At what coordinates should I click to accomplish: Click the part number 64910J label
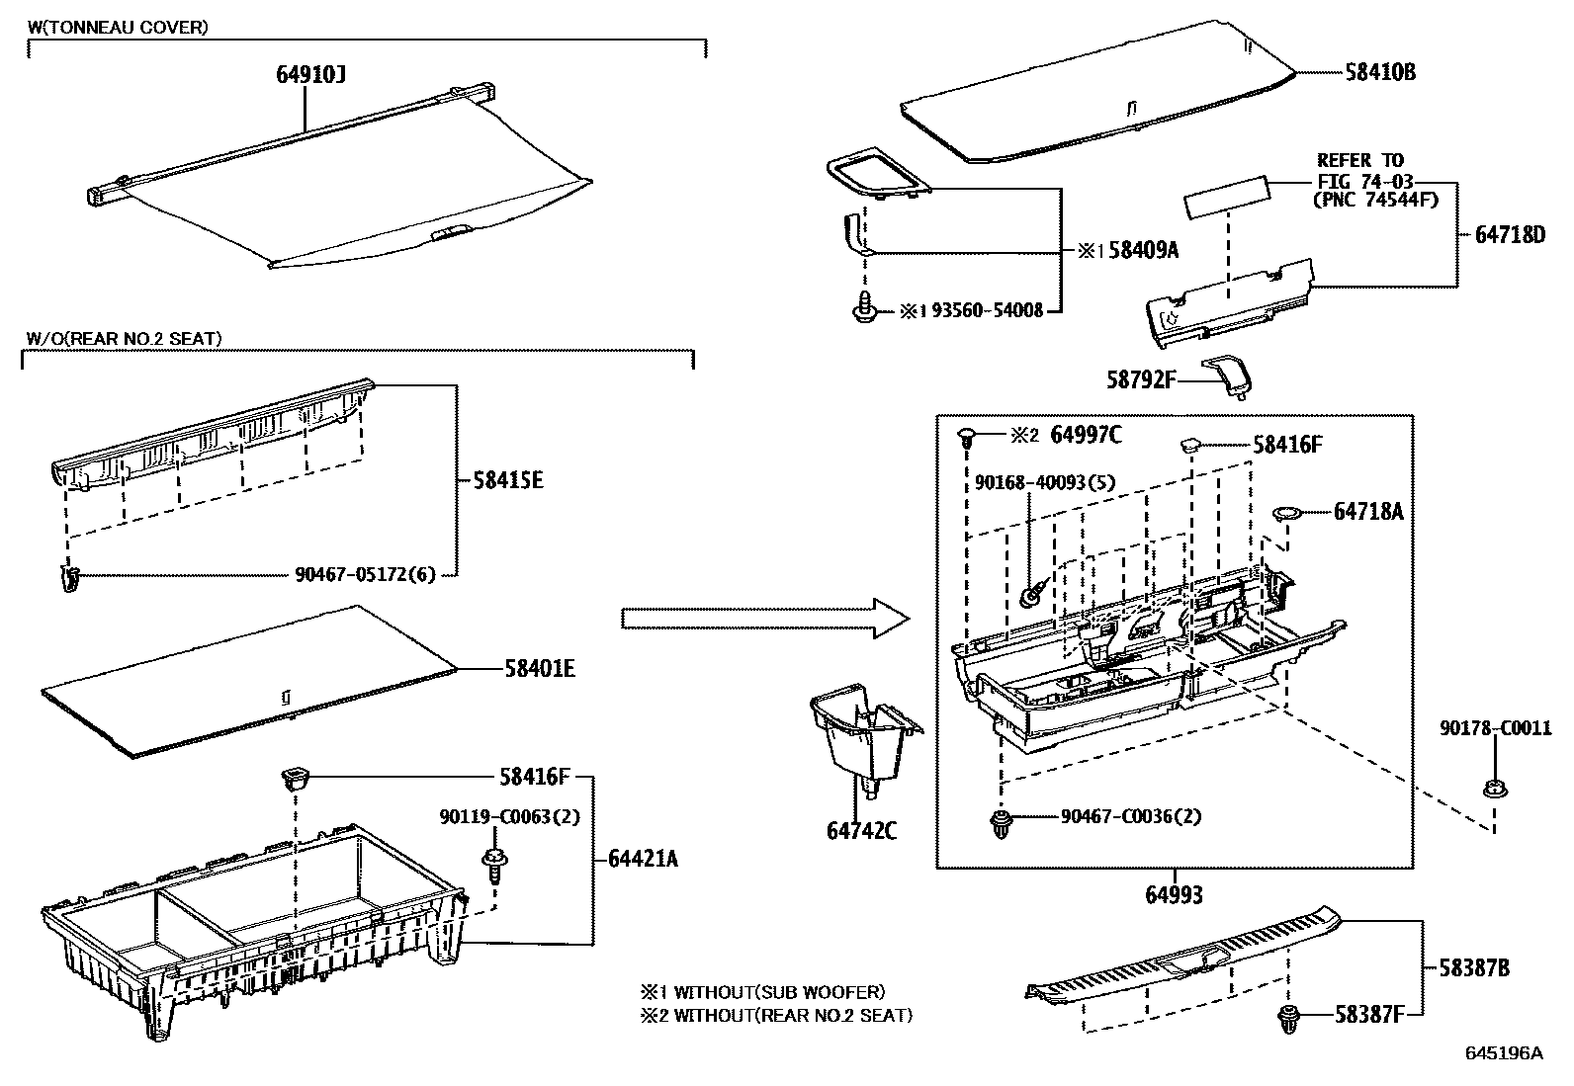(310, 74)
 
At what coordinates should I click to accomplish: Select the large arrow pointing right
(764, 619)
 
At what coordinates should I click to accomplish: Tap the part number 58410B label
(1379, 72)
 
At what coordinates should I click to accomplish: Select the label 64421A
(644, 858)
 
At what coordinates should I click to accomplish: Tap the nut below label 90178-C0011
(1492, 789)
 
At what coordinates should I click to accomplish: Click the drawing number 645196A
(1503, 1053)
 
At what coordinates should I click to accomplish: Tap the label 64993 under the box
(1174, 895)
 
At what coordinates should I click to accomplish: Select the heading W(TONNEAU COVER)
(118, 27)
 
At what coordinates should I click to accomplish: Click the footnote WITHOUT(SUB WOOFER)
(779, 991)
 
